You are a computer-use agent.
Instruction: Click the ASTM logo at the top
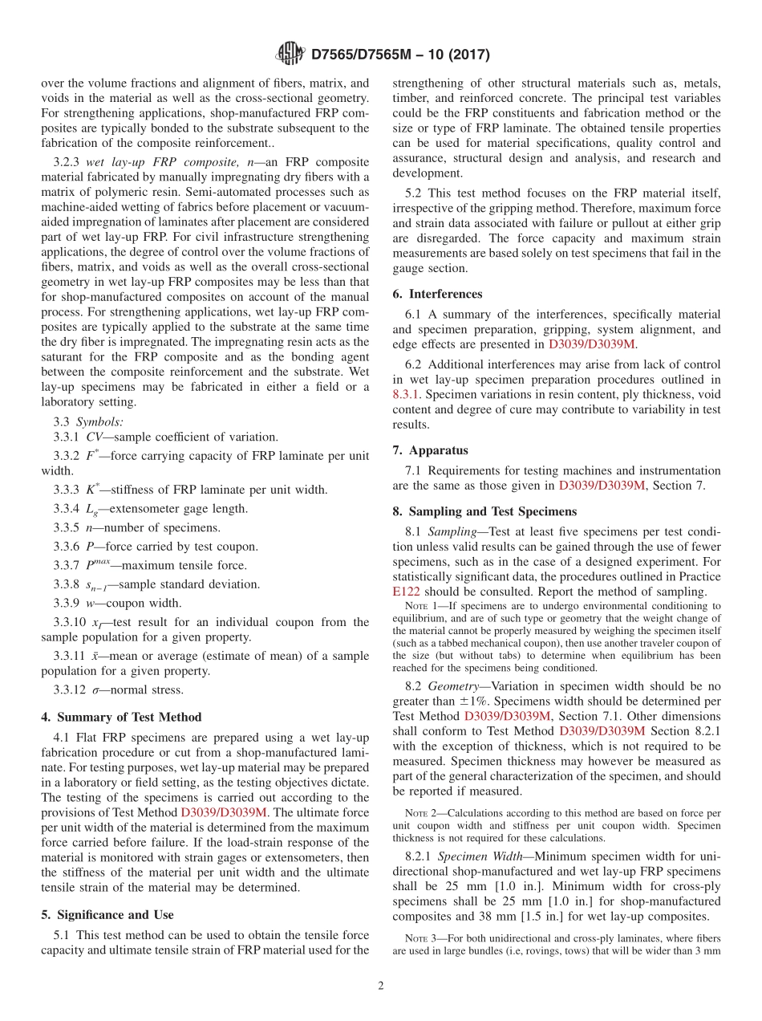coord(290,54)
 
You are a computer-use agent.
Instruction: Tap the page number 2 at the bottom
coord(381,985)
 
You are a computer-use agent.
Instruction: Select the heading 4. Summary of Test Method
coord(121,717)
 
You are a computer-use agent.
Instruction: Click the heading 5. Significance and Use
coord(107,914)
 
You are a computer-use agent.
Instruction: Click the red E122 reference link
coord(405,592)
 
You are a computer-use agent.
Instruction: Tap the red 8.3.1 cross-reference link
coord(407,394)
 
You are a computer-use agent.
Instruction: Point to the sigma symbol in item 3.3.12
coord(98,690)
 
